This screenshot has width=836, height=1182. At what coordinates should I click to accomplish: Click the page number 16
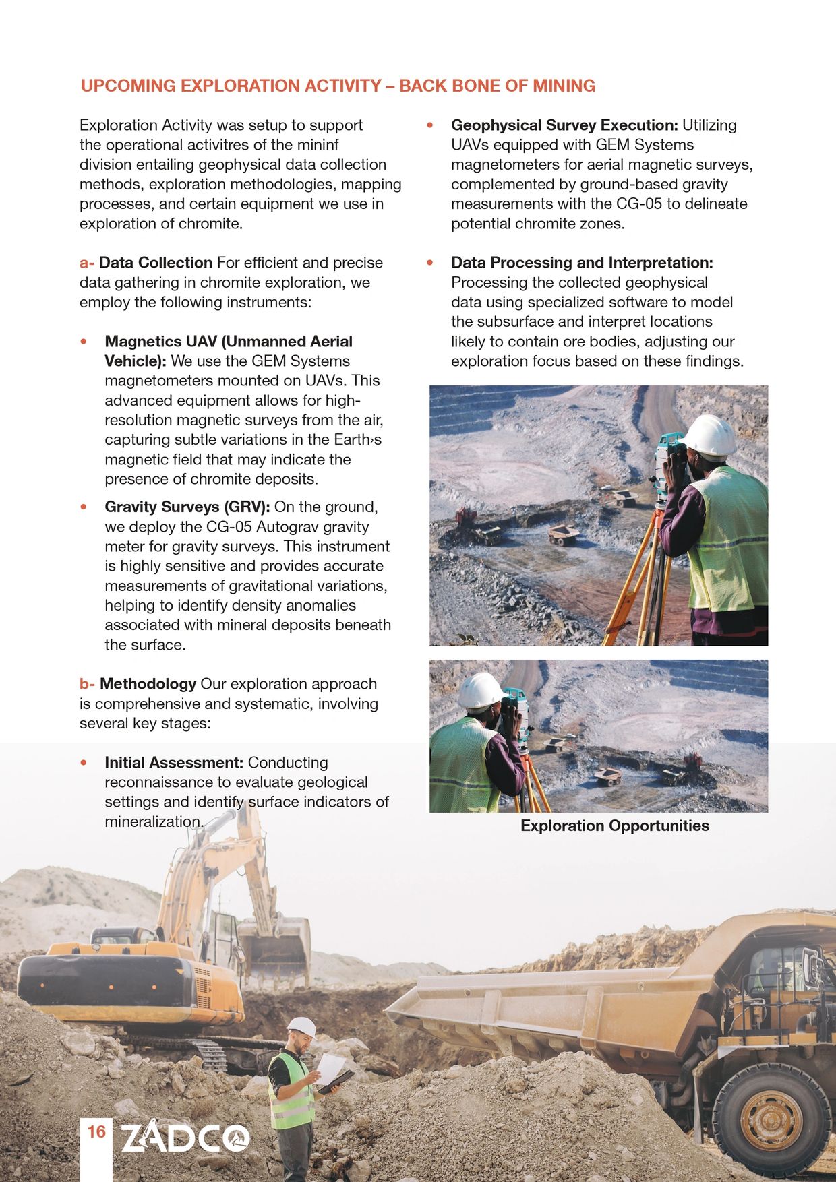(97, 1130)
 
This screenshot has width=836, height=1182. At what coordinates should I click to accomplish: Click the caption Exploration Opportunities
(614, 826)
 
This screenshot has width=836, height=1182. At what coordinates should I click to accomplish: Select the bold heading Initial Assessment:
(173, 763)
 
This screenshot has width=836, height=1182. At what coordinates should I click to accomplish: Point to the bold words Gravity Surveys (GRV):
(187, 507)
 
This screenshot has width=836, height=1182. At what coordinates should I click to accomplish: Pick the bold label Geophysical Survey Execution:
(564, 125)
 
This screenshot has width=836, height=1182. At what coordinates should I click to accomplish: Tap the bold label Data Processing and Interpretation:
(581, 263)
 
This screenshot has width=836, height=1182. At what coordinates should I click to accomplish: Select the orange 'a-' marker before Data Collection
(87, 263)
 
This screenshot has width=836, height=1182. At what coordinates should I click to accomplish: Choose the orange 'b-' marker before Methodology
(87, 684)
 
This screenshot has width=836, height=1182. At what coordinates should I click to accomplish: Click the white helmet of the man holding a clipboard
(301, 1027)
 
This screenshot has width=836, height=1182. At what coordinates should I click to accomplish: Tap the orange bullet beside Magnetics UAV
(84, 342)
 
